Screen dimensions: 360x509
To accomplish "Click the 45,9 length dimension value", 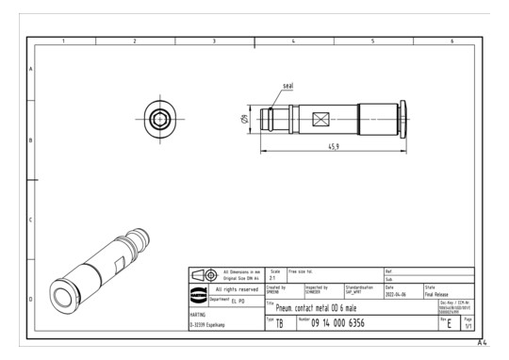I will pos(333,147).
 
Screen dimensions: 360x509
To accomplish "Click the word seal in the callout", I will pos(288,86).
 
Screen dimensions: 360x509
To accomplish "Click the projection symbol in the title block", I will pos(202,275).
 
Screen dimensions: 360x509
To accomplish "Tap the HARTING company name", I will pos(201,315).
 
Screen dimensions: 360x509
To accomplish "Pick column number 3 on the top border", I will pos(214,41).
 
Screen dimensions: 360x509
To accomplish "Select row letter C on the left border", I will pos(31,220).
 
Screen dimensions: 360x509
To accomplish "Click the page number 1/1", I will pos(468,326).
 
